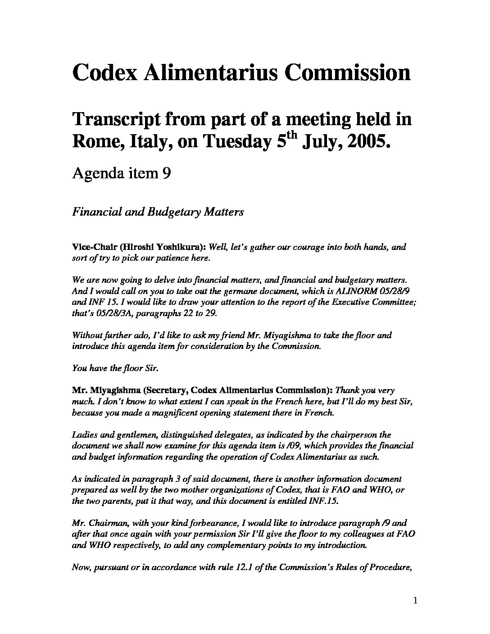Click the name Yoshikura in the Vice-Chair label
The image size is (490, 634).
[x=183, y=247]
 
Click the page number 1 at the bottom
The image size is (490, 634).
[x=415, y=600]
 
